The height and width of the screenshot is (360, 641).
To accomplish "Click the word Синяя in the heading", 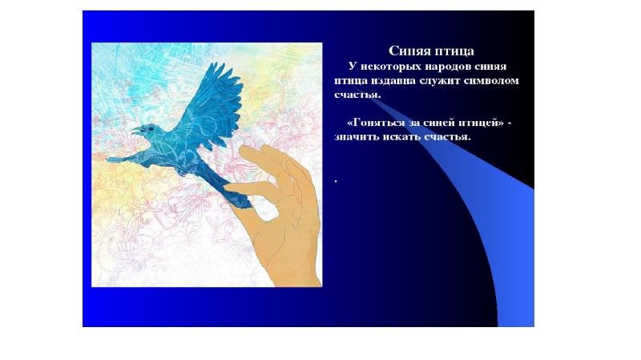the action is point(409,51).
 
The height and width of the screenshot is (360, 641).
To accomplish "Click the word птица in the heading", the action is point(454,52).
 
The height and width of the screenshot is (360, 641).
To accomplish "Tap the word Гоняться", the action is point(379,123).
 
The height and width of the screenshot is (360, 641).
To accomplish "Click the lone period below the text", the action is point(336,180).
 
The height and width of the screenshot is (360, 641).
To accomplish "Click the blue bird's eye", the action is point(151,128).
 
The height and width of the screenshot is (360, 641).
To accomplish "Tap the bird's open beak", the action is point(135,131).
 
